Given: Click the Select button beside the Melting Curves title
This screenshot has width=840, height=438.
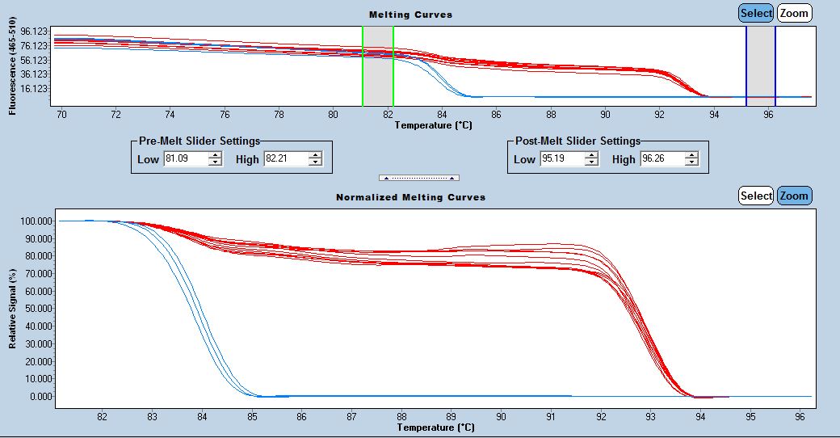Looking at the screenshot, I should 756,13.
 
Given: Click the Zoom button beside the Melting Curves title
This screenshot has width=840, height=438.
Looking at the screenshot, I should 794,13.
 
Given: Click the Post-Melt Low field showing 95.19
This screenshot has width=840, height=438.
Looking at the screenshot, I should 561,159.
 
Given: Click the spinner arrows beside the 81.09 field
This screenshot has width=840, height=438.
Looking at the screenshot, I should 215,159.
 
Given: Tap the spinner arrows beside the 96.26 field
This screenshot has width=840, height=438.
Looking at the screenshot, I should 691,159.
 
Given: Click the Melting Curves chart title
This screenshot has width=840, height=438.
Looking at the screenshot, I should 410,15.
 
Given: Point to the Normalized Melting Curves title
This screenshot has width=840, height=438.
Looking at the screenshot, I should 410,197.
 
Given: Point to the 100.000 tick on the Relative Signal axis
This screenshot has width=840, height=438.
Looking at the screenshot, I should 38,221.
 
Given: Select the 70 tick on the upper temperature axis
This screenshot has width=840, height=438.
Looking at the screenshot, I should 61,115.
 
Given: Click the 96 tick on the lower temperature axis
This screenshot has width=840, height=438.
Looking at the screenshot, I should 800,417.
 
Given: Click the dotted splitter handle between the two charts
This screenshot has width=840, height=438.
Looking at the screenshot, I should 419,178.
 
